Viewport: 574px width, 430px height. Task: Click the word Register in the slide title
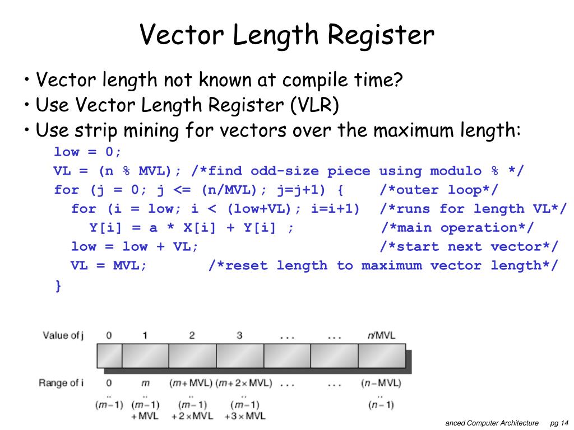click(381, 35)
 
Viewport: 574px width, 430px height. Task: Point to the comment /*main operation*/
click(457, 228)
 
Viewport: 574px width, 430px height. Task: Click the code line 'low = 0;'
click(87, 152)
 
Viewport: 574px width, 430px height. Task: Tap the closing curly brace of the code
click(58, 286)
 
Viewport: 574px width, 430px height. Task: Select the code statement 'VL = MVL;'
click(109, 265)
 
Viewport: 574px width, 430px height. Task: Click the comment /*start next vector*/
click(469, 247)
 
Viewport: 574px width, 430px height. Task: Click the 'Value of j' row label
click(63, 335)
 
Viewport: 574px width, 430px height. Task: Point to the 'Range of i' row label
click(61, 383)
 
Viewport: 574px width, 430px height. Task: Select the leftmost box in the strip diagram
click(109, 356)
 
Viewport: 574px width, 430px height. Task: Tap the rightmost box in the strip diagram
click(381, 356)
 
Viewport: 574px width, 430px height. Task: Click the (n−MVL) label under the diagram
click(381, 384)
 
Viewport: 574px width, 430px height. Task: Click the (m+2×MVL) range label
click(244, 384)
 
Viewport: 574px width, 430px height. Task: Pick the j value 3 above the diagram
click(239, 335)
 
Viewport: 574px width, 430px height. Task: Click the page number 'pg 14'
click(559, 423)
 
